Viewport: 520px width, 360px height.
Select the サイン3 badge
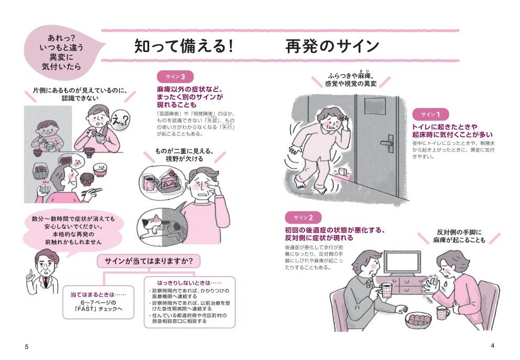coord(173,76)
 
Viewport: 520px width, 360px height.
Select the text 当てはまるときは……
coord(98,295)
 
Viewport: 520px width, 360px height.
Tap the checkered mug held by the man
coord(388,289)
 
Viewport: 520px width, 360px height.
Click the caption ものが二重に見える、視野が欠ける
coord(183,156)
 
